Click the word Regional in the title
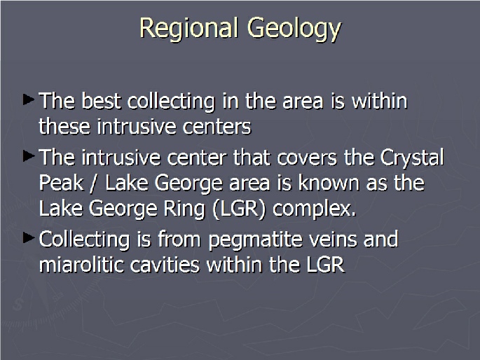(x=188, y=29)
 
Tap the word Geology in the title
(x=294, y=29)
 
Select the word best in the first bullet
(x=102, y=101)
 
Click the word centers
(x=217, y=127)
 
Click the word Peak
(x=61, y=184)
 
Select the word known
(x=329, y=183)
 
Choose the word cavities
(x=165, y=265)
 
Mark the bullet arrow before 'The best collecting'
(x=29, y=99)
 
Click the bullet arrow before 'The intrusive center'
(x=29, y=156)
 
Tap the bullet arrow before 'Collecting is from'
(x=29, y=238)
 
